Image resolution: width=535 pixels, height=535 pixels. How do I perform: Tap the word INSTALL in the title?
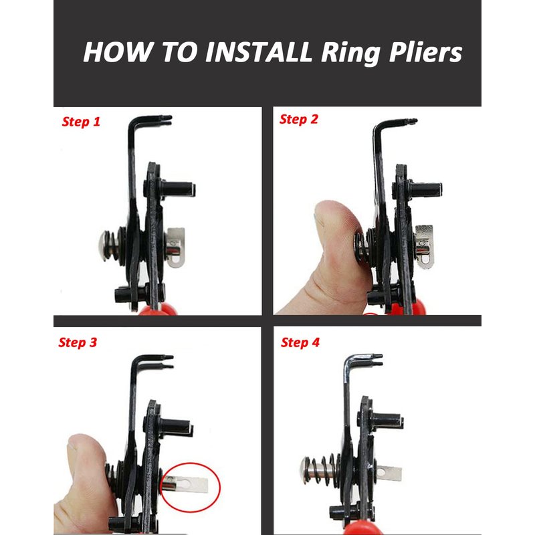pyautogui.click(x=258, y=52)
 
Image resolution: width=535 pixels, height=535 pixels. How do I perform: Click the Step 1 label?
pyautogui.click(x=81, y=122)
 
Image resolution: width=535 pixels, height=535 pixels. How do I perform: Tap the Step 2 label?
pyautogui.click(x=298, y=119)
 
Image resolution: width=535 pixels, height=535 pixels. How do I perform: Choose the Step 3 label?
pyautogui.click(x=78, y=342)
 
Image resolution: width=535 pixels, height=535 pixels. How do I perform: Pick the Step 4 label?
pyautogui.click(x=300, y=342)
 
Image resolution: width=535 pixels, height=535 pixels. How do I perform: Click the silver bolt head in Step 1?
pyautogui.click(x=104, y=245)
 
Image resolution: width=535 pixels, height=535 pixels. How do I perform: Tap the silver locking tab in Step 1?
pyautogui.click(x=176, y=247)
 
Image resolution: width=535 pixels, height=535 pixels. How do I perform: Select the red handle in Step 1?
pyautogui.click(x=158, y=310)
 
